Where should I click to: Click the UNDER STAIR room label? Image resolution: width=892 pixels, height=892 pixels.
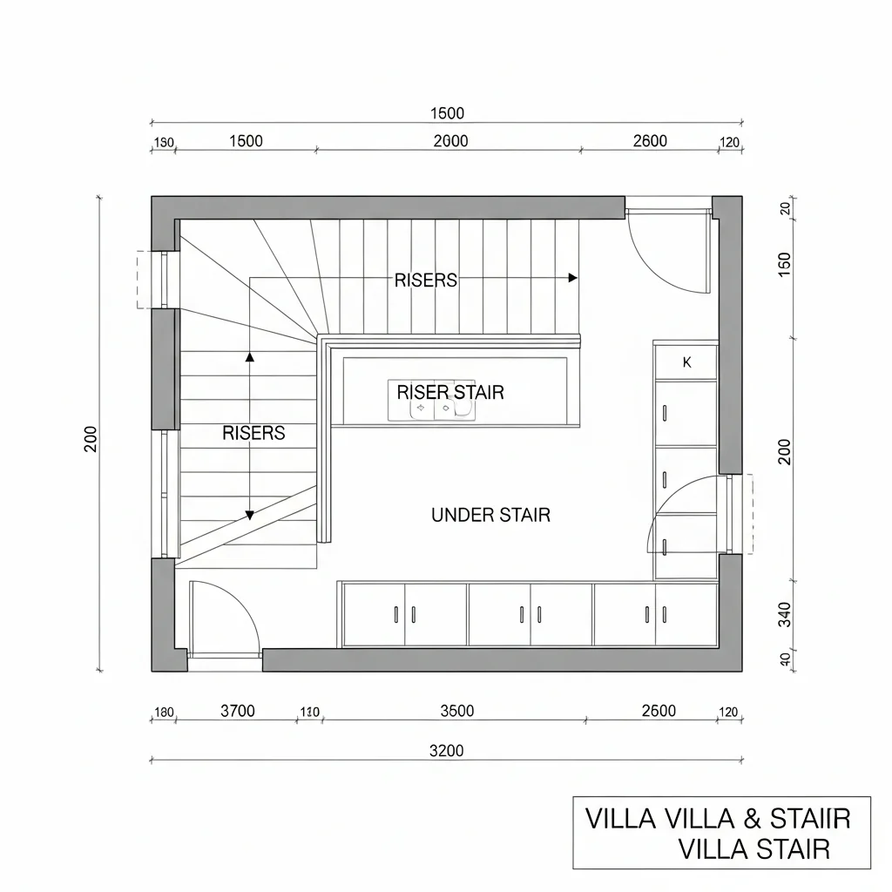[490, 515]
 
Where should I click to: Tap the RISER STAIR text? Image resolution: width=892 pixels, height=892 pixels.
[450, 392]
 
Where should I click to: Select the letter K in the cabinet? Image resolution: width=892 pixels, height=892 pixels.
[687, 362]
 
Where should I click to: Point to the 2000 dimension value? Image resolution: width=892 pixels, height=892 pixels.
[449, 141]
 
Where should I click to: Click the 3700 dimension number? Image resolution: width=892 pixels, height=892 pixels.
[237, 711]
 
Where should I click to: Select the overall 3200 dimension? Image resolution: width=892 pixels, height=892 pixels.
[447, 750]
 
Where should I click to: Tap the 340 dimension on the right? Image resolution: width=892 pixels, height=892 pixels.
[784, 615]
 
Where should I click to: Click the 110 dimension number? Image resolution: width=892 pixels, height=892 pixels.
[309, 712]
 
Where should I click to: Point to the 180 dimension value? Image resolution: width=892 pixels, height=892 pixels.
[164, 713]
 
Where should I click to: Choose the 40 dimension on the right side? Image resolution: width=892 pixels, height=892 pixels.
[784, 660]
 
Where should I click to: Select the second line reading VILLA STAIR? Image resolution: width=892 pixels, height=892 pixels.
[753, 848]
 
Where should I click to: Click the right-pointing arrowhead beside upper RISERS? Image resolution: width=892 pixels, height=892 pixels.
[572, 278]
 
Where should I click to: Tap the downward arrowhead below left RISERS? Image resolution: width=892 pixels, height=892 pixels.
[250, 516]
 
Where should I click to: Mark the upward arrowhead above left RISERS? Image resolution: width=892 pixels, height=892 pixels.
[250, 356]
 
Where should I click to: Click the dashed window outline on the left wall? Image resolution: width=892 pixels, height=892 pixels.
[141, 280]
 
